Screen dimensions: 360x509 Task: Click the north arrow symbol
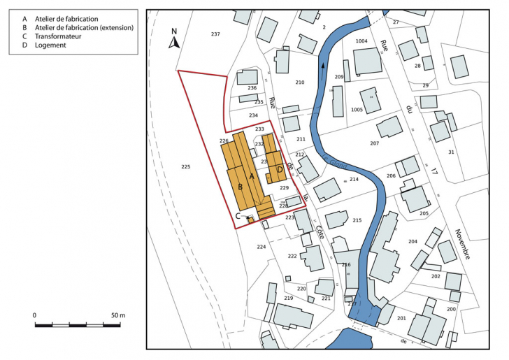(x=175, y=41)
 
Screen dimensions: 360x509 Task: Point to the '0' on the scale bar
(x=35, y=315)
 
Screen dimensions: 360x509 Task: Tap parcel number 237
(x=215, y=34)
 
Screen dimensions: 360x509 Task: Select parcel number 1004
(x=361, y=42)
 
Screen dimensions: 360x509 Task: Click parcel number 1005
(x=357, y=110)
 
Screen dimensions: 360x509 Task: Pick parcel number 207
(x=374, y=143)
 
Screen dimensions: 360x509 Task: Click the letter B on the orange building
(x=240, y=187)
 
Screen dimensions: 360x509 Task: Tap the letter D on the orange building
(x=280, y=169)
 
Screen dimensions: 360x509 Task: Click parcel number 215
(x=357, y=220)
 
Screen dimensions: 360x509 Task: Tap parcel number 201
(x=401, y=318)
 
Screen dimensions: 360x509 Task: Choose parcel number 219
(x=288, y=298)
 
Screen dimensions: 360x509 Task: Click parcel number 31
(x=451, y=152)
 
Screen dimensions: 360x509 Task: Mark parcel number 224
(x=261, y=247)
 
